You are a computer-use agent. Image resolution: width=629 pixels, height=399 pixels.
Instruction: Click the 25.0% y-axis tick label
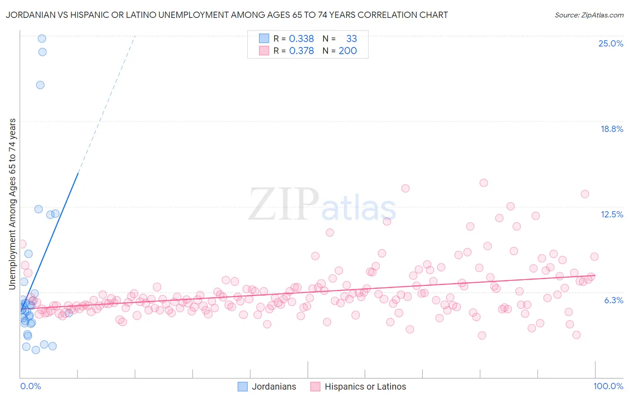point(611,43)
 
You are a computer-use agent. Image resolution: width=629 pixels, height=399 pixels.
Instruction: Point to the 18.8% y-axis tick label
point(612,129)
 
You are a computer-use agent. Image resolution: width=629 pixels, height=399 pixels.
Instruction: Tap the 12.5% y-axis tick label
point(612,214)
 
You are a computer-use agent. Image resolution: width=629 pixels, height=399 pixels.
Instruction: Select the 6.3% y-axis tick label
point(613,300)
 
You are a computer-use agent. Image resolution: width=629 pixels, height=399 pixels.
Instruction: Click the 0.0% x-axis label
point(30,386)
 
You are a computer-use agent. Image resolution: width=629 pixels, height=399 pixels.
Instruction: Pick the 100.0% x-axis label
point(608,386)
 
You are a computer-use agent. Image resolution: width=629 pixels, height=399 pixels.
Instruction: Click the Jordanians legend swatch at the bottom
point(242,386)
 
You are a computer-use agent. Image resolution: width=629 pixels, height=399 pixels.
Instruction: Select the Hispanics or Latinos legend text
point(365,386)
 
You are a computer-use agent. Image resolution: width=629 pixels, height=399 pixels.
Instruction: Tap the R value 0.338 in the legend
point(302,38)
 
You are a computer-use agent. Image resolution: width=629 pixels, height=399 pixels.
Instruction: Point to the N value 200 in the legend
point(348,51)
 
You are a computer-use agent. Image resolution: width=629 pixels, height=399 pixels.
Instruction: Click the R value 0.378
point(302,51)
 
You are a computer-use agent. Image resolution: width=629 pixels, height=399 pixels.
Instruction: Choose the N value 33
point(352,38)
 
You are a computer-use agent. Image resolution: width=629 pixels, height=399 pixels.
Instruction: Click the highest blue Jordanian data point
point(42,38)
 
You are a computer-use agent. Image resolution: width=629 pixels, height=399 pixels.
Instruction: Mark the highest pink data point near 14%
point(484,183)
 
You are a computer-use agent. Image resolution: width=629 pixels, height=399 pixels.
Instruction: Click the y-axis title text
point(13,204)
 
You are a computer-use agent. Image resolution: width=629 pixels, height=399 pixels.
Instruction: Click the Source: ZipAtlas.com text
point(589,15)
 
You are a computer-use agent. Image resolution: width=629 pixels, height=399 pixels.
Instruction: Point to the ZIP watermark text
point(283,204)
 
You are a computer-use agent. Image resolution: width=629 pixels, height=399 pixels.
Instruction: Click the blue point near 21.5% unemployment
point(40,85)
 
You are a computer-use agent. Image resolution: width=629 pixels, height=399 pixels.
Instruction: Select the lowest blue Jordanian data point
point(36,350)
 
